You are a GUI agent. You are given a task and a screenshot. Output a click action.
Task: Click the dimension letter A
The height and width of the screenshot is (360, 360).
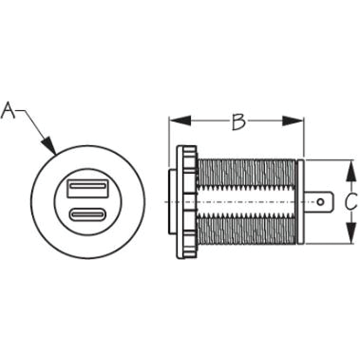click(8, 110)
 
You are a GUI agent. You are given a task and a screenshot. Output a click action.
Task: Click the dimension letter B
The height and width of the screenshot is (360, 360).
click(238, 122)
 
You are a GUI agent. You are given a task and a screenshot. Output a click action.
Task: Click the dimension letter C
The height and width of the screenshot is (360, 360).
click(351, 202)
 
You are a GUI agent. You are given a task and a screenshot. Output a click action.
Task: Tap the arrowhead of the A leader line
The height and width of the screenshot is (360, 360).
click(49, 145)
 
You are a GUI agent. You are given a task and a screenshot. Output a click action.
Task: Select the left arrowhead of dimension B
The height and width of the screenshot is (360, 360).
click(180, 120)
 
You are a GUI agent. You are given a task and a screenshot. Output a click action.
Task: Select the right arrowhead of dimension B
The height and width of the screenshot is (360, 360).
click(293, 121)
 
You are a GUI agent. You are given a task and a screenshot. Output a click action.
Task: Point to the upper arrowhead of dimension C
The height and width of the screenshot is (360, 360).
click(351, 171)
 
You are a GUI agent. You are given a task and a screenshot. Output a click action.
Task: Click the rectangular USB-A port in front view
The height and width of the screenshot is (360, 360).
click(87, 188)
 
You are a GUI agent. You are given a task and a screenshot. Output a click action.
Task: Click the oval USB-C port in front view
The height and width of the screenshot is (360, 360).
click(87, 215)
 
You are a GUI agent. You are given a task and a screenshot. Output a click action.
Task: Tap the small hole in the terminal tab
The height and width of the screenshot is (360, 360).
click(320, 202)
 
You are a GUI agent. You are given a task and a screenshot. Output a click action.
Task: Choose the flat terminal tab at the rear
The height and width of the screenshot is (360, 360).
click(319, 202)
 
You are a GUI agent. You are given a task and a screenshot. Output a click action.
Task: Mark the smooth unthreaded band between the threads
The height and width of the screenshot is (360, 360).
click(246, 202)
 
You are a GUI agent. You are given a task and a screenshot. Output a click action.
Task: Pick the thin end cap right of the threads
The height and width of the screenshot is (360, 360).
click(301, 202)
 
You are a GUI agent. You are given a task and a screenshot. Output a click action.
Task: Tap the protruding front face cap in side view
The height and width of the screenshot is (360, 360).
click(173, 202)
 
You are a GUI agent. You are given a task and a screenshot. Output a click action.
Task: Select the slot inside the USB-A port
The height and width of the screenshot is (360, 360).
click(87, 186)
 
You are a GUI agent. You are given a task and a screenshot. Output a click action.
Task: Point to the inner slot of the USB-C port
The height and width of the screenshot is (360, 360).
click(87, 215)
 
